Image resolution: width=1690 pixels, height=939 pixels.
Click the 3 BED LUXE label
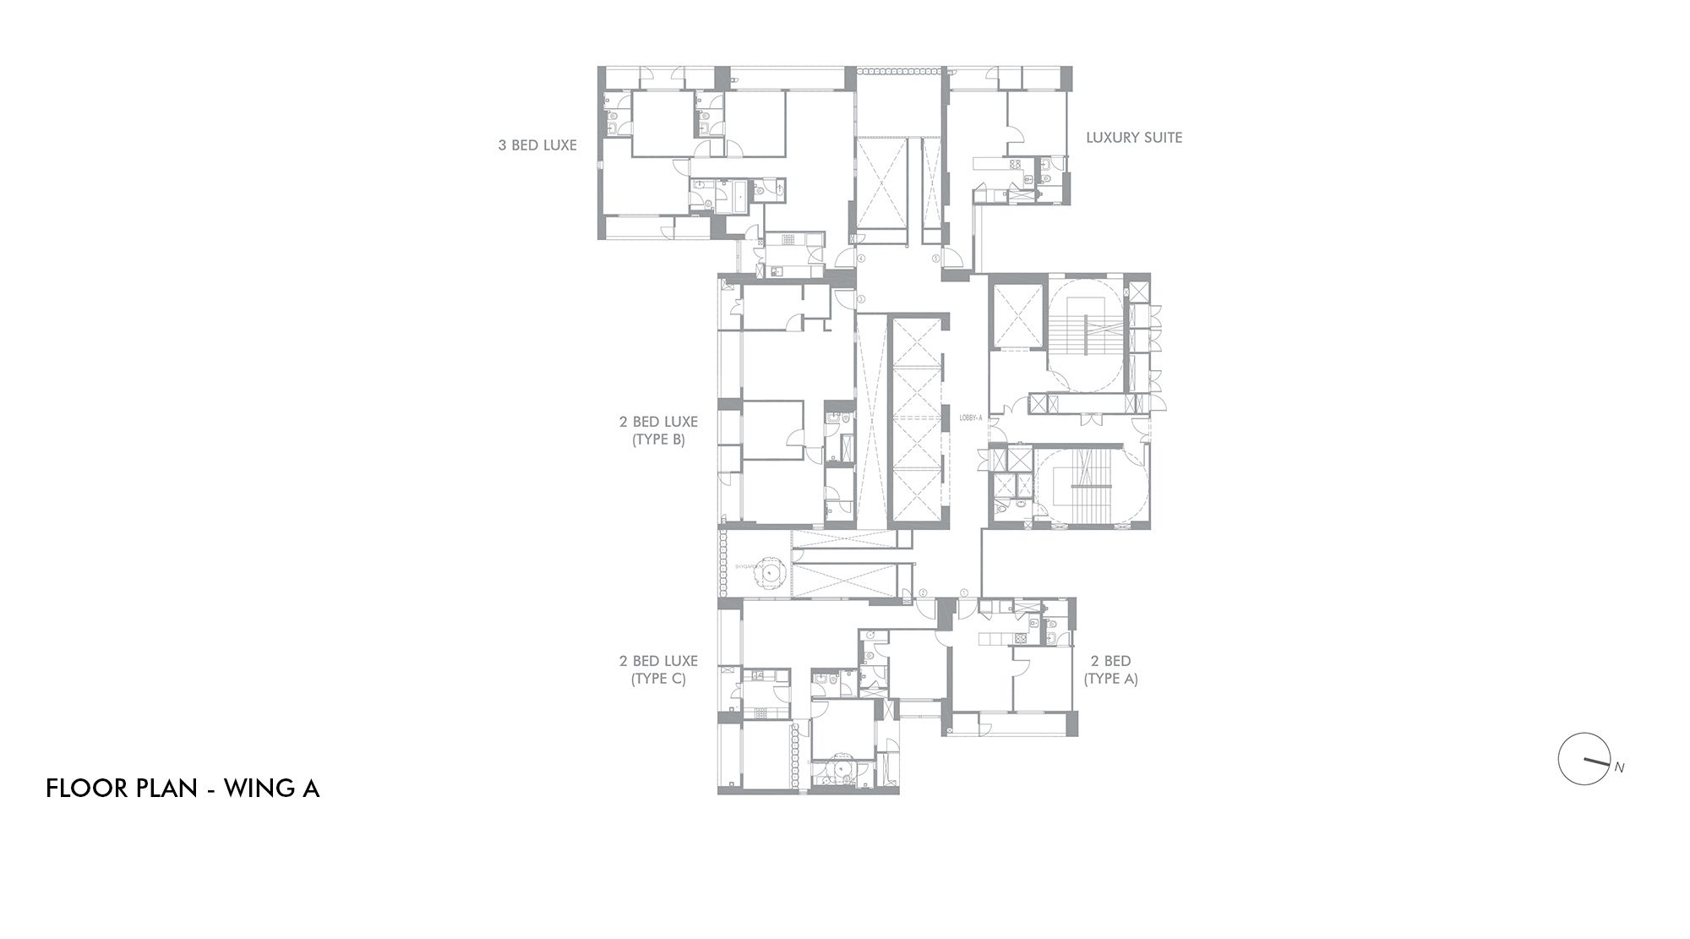[x=537, y=145]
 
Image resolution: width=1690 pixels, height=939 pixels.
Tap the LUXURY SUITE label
[x=1134, y=138]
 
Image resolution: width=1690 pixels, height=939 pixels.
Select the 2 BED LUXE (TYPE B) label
[x=658, y=430]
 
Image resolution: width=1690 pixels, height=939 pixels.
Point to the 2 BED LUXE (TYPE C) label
[x=658, y=669]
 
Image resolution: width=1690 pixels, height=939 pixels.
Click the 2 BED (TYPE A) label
[x=1110, y=669]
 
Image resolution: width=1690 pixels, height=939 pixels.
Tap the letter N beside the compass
[x=1619, y=768]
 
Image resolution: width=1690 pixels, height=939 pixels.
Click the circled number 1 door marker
[x=965, y=593]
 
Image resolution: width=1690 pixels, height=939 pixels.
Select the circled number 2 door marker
[x=924, y=593]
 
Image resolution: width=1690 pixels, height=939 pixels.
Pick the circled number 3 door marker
[x=860, y=299]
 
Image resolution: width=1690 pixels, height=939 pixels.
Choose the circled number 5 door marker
[x=935, y=258]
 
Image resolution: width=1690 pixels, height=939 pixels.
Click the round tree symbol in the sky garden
[x=771, y=573]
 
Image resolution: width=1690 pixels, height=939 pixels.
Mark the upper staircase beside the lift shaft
[x=1087, y=335]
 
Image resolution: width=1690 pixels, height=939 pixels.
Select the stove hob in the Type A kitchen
[x=1021, y=639]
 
